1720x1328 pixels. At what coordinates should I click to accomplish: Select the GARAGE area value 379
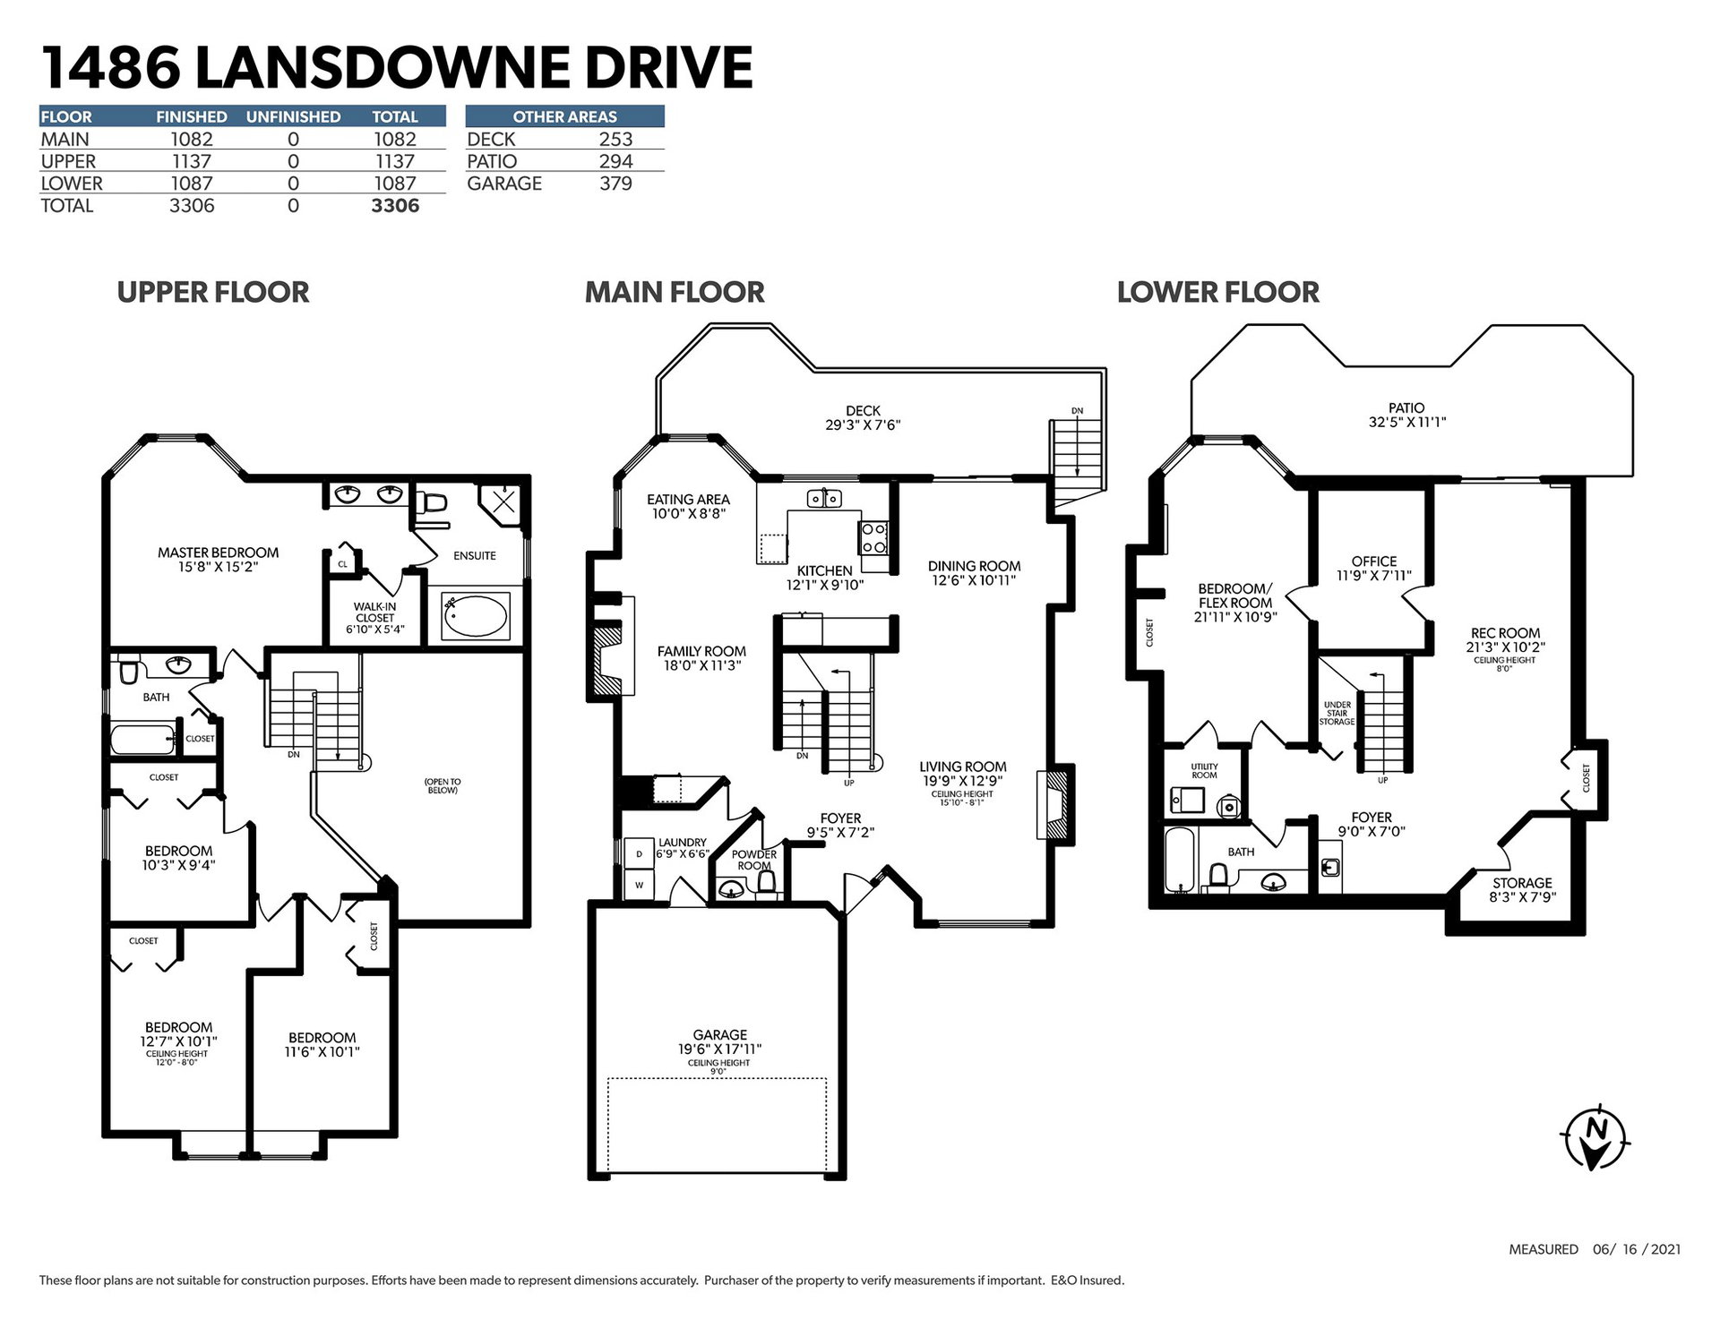[x=615, y=184]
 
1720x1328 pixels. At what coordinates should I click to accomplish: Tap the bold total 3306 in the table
[x=395, y=206]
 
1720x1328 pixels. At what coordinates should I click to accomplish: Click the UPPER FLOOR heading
[x=213, y=292]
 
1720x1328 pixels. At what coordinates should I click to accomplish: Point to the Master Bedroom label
[x=218, y=553]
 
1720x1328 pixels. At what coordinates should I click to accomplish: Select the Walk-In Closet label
[x=374, y=612]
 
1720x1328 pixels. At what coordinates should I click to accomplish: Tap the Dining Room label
[x=974, y=566]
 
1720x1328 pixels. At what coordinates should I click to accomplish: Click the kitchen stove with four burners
[x=873, y=539]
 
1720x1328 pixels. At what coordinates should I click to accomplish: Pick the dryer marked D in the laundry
[x=639, y=853]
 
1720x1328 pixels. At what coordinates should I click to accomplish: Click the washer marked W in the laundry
[x=639, y=885]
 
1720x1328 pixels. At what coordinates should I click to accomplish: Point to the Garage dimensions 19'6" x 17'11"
[x=719, y=1049]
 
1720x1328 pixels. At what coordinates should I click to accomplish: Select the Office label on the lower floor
[x=1374, y=561]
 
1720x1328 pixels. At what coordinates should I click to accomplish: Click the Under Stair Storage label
[x=1337, y=714]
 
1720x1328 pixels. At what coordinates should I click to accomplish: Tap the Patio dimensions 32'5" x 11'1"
[x=1406, y=422]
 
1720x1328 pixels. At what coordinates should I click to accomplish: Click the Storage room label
[x=1522, y=883]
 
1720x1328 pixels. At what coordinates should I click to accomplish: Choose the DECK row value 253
[x=615, y=140]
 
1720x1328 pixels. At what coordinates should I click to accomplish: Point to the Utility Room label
[x=1204, y=771]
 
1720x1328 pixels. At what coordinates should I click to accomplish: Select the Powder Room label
[x=754, y=860]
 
